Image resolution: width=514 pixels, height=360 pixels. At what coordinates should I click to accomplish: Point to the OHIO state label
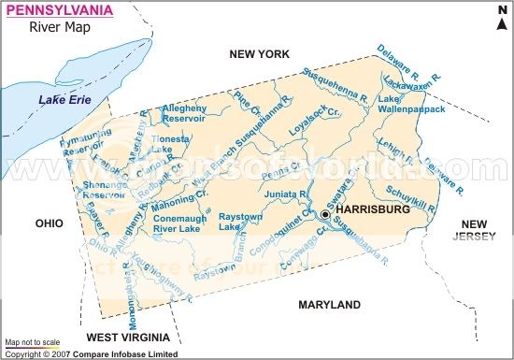(x=49, y=223)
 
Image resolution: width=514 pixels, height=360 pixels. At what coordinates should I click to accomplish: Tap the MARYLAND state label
(x=329, y=305)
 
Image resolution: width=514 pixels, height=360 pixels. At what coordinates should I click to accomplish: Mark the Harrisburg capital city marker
(x=325, y=214)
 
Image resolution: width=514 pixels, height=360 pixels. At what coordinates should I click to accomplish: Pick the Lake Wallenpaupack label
(x=408, y=104)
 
